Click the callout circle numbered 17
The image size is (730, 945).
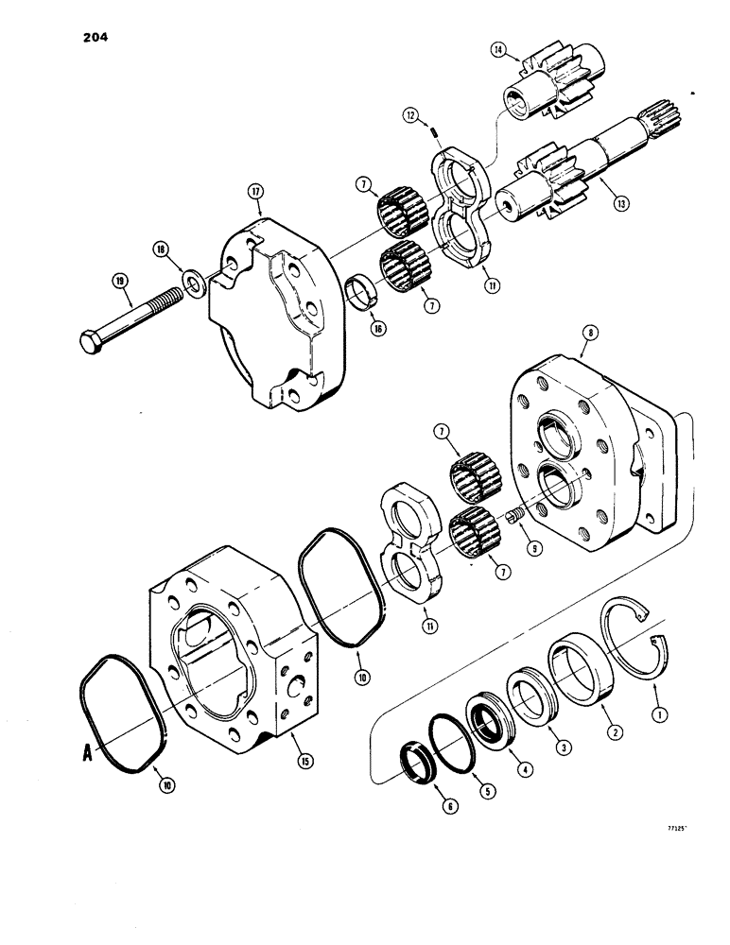tap(255, 191)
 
